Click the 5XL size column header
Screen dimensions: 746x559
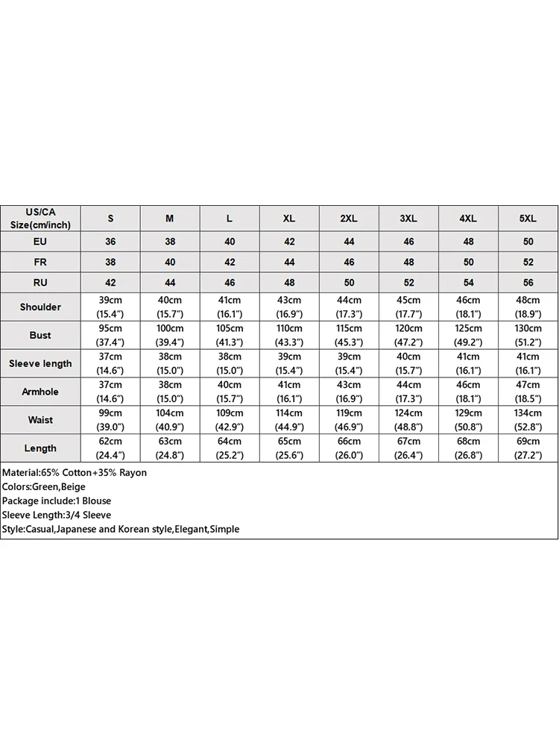(528, 219)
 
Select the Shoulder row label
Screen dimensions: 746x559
(40, 307)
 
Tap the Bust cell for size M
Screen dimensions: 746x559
(170, 335)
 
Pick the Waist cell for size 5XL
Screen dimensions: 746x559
(528, 420)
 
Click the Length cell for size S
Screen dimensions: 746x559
(110, 448)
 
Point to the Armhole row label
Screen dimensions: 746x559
(40, 392)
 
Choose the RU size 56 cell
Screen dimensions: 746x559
(528, 283)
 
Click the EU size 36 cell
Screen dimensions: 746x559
(110, 242)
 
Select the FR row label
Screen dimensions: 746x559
(40, 263)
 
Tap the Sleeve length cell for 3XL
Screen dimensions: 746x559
(408, 363)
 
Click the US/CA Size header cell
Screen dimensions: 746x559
(40, 219)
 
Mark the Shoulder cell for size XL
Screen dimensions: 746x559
(289, 307)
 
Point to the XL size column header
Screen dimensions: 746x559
(289, 219)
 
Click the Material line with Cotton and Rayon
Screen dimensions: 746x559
(75, 473)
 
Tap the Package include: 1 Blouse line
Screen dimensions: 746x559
(57, 501)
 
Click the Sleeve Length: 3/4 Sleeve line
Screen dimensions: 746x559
(57, 515)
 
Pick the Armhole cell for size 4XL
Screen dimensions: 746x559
(468, 392)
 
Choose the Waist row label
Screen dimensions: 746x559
(40, 420)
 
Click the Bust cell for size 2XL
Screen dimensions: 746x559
(349, 335)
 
